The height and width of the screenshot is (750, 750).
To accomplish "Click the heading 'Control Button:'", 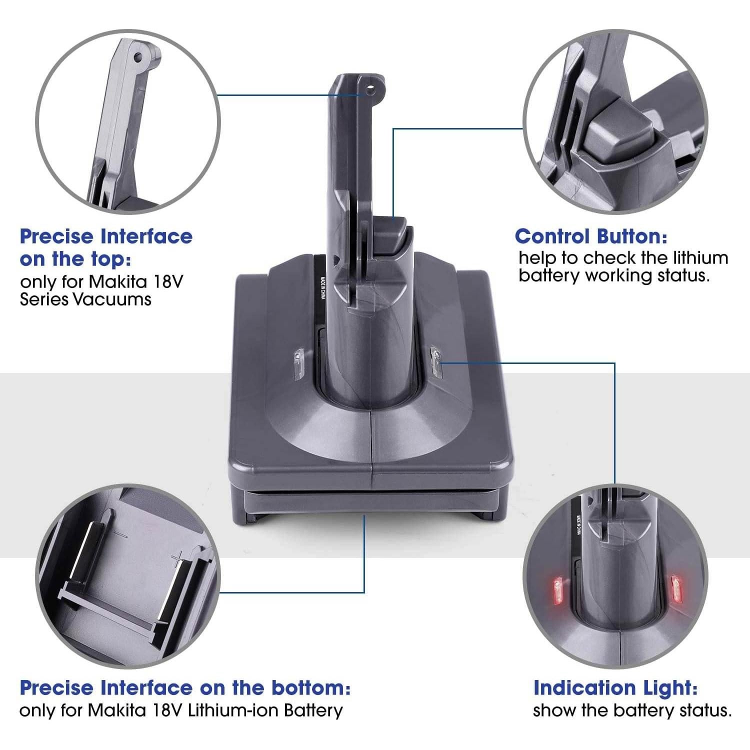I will [x=590, y=236].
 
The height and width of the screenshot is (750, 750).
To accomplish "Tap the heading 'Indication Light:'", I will [x=615, y=688].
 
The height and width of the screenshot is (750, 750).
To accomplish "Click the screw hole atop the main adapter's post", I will [x=370, y=91].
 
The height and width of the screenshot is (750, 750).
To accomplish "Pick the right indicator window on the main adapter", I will [x=436, y=361].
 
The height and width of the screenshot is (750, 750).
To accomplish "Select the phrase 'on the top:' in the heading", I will [x=75, y=259].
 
